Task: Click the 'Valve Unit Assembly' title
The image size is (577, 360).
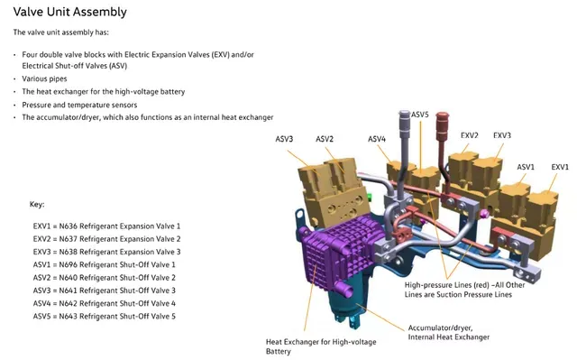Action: [x=70, y=12]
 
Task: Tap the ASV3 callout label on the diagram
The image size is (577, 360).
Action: [x=284, y=139]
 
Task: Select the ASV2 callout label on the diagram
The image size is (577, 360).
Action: [x=325, y=139]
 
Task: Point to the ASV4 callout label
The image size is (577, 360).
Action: [x=377, y=139]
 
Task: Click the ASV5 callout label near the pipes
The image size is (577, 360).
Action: [x=420, y=115]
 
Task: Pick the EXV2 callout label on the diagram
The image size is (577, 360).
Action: [x=469, y=135]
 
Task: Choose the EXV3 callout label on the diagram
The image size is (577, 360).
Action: [x=502, y=135]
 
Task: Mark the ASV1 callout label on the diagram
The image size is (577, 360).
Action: [x=526, y=167]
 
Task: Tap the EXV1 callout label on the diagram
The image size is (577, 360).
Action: [x=560, y=167]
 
